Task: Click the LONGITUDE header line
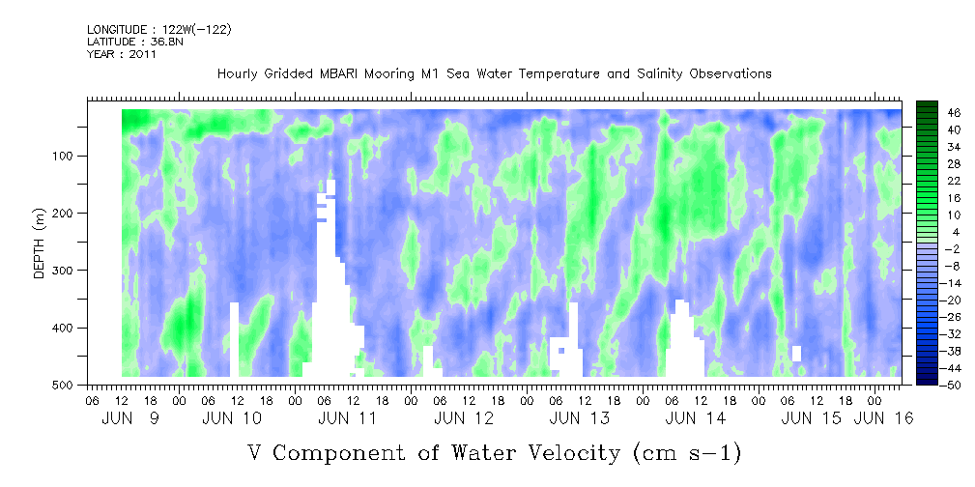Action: pyautogui.click(x=158, y=30)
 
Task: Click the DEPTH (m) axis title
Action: pyautogui.click(x=40, y=247)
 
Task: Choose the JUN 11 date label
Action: pyautogui.click(x=347, y=418)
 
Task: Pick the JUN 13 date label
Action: pyautogui.click(x=579, y=418)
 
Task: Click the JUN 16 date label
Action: pyautogui.click(x=883, y=418)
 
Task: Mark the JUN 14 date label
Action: pyautogui.click(x=695, y=418)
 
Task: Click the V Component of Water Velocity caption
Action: pyautogui.click(x=494, y=452)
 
